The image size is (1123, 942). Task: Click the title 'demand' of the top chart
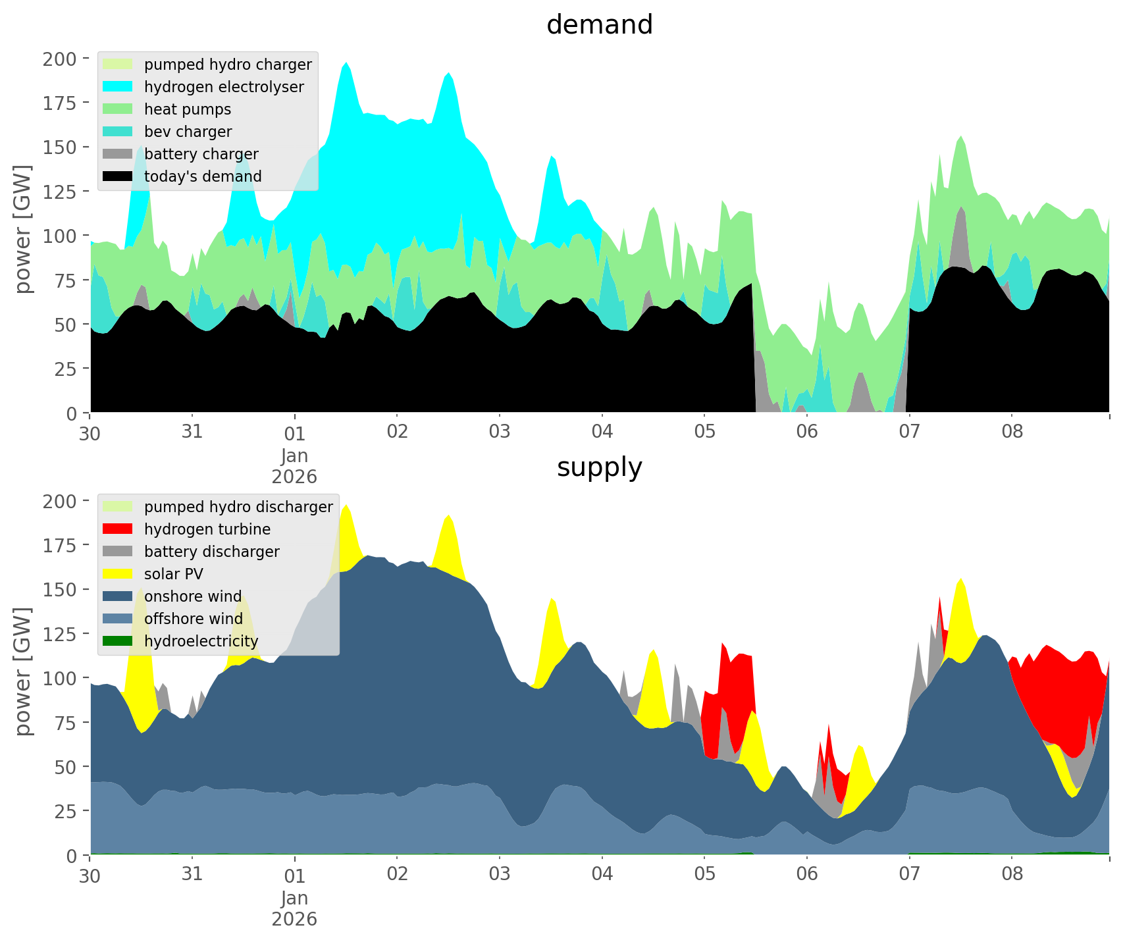[599, 25]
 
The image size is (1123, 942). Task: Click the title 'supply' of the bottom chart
[599, 467]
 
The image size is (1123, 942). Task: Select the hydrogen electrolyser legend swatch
[118, 87]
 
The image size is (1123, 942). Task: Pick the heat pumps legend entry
[188, 109]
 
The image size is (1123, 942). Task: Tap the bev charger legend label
[188, 132]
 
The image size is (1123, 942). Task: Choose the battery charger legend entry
[201, 154]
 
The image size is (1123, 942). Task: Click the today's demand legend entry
[203, 176]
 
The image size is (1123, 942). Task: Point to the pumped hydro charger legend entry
[228, 65]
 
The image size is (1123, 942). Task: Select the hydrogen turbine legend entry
[207, 529]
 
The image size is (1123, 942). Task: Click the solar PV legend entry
[174, 574]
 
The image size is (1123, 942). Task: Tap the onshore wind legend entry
[193, 596]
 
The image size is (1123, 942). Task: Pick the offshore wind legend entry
[194, 619]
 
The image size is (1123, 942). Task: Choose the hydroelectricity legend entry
[201, 641]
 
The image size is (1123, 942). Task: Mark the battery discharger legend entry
[211, 552]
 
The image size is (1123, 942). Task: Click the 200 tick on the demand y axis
[61, 59]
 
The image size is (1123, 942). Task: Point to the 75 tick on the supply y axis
[65, 723]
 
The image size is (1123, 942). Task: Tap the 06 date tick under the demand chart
[806, 432]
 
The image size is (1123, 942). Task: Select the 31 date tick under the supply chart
[192, 874]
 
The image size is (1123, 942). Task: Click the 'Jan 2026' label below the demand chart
[294, 466]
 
